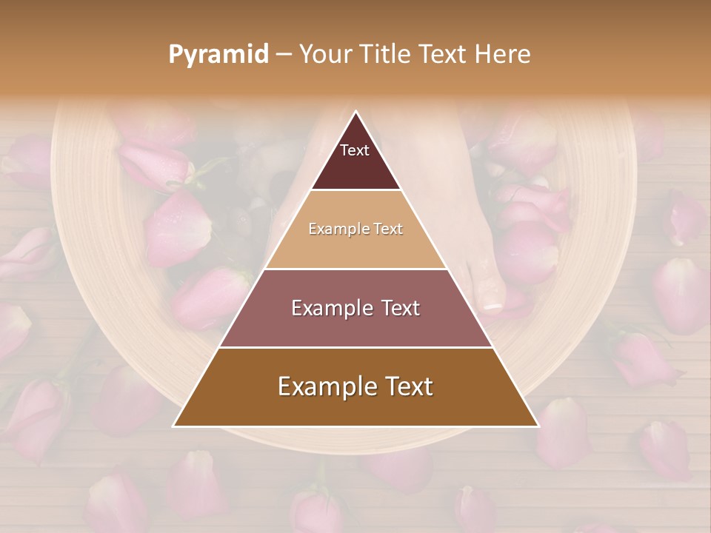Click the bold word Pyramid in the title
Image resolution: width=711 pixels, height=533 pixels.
tap(218, 55)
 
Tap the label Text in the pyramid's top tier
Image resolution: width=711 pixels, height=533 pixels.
tap(355, 150)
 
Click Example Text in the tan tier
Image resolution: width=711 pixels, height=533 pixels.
tap(355, 229)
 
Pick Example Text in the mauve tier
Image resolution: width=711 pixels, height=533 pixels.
tap(355, 308)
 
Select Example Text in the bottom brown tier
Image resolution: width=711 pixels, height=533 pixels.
tap(355, 386)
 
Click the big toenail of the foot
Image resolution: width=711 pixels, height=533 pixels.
tap(490, 304)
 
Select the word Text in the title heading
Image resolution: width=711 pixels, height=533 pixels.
tap(443, 55)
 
